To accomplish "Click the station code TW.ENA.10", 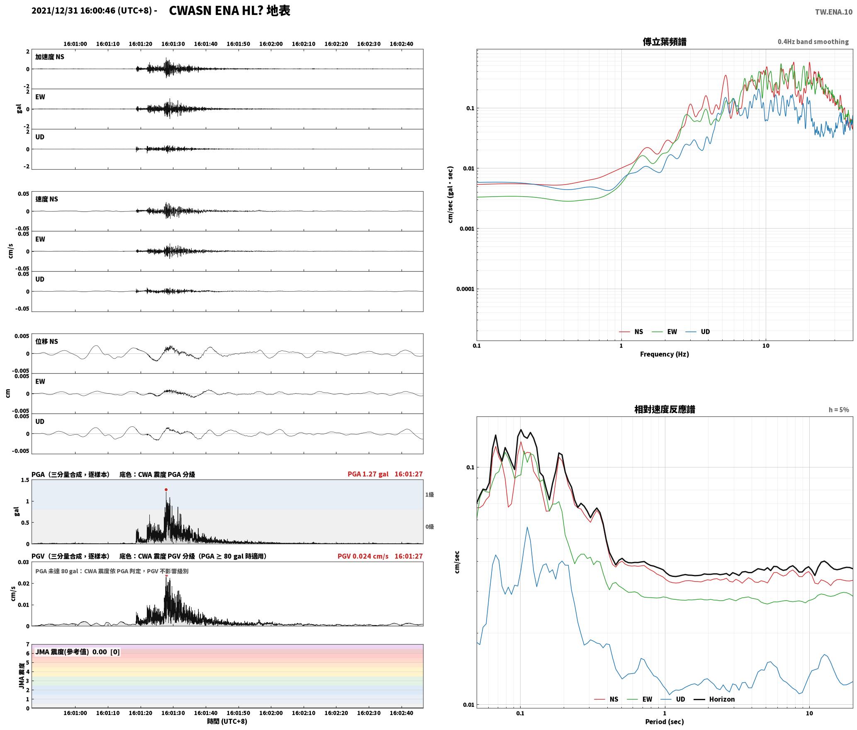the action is click(x=834, y=12).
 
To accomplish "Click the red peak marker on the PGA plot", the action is click(x=166, y=489).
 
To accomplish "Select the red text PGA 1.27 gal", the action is click(x=368, y=474).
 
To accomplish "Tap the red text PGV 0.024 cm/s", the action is click(x=363, y=556).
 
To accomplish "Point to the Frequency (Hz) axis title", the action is click(x=664, y=354).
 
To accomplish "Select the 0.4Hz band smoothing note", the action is click(x=813, y=42).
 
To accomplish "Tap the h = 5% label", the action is click(x=839, y=410).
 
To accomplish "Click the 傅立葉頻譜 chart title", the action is click(x=664, y=42).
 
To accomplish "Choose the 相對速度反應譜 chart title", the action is click(x=665, y=409).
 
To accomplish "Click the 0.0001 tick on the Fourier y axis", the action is click(x=465, y=289).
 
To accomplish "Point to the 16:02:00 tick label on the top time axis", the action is click(x=271, y=44).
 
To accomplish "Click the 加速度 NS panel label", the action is click(x=50, y=57).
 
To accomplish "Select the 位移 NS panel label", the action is click(x=46, y=341).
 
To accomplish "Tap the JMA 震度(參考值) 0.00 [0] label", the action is click(x=78, y=652).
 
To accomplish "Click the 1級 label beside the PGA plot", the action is click(x=429, y=494).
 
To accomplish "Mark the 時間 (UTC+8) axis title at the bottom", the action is click(x=227, y=721).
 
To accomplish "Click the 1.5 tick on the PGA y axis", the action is click(x=25, y=480).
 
